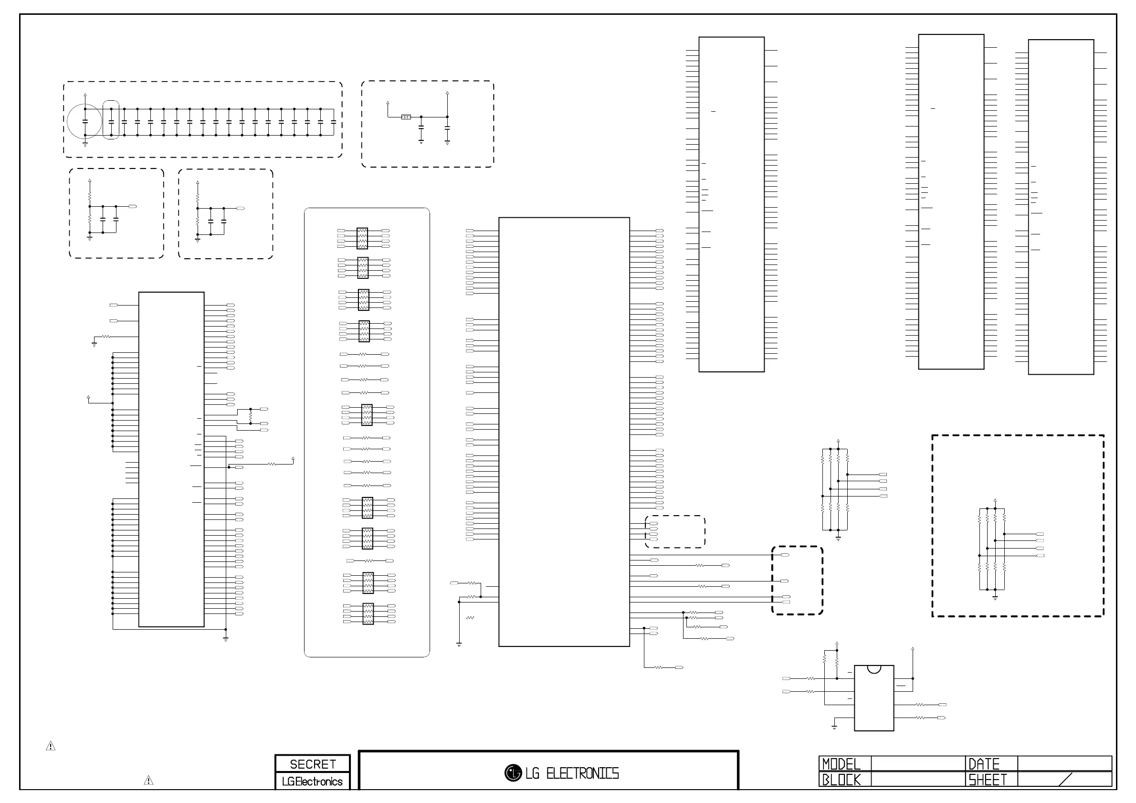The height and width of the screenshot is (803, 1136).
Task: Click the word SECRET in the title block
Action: pos(313,764)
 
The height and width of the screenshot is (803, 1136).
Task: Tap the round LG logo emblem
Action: pos(513,773)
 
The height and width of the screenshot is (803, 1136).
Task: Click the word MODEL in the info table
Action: pos(841,764)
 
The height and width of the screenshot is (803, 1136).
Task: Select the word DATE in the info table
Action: pos(984,764)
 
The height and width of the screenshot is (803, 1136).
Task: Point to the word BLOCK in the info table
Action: pos(841,780)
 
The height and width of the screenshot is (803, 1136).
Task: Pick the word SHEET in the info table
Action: pos(987,780)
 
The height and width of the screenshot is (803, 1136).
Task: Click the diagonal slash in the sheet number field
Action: pos(1065,779)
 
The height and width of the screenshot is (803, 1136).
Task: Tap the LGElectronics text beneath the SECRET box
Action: pos(312,782)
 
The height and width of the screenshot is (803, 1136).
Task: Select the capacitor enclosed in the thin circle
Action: pos(85,121)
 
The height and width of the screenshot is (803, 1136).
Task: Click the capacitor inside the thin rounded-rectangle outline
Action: pos(111,121)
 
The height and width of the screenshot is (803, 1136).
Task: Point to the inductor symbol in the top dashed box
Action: pos(406,117)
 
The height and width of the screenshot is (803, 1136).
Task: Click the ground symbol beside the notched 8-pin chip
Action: pos(834,727)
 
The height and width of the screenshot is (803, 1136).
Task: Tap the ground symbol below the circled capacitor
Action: pos(85,145)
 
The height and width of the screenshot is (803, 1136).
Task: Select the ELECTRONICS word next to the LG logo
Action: pos(582,773)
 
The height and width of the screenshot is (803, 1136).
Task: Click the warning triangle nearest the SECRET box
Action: pos(148,781)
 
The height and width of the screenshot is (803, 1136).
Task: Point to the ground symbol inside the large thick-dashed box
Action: pos(995,597)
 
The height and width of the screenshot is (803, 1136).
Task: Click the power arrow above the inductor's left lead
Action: pos(388,104)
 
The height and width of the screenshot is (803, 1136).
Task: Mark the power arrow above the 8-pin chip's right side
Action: pos(912,649)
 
